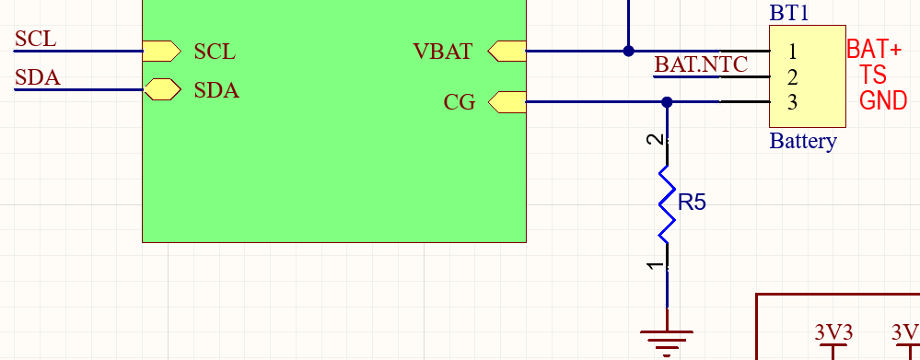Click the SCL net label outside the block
pyautogui.click(x=36, y=39)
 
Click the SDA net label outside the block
pyautogui.click(x=38, y=78)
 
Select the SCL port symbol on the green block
pyautogui.click(x=161, y=51)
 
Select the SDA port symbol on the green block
pyautogui.click(x=162, y=89)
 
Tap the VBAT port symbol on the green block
pyautogui.click(x=507, y=51)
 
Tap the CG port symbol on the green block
pyautogui.click(x=507, y=102)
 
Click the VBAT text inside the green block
pyautogui.click(x=443, y=52)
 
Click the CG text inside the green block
pyautogui.click(x=460, y=103)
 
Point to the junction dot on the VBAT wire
pyautogui.click(x=629, y=51)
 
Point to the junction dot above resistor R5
pyautogui.click(x=668, y=102)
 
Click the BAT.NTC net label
pyautogui.click(x=701, y=64)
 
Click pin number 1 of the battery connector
pyautogui.click(x=792, y=52)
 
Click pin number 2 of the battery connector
pyautogui.click(x=792, y=77)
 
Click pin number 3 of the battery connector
pyautogui.click(x=792, y=102)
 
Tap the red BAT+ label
pyautogui.click(x=874, y=48)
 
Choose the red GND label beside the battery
pyautogui.click(x=883, y=101)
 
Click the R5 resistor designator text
pyautogui.click(x=692, y=203)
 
